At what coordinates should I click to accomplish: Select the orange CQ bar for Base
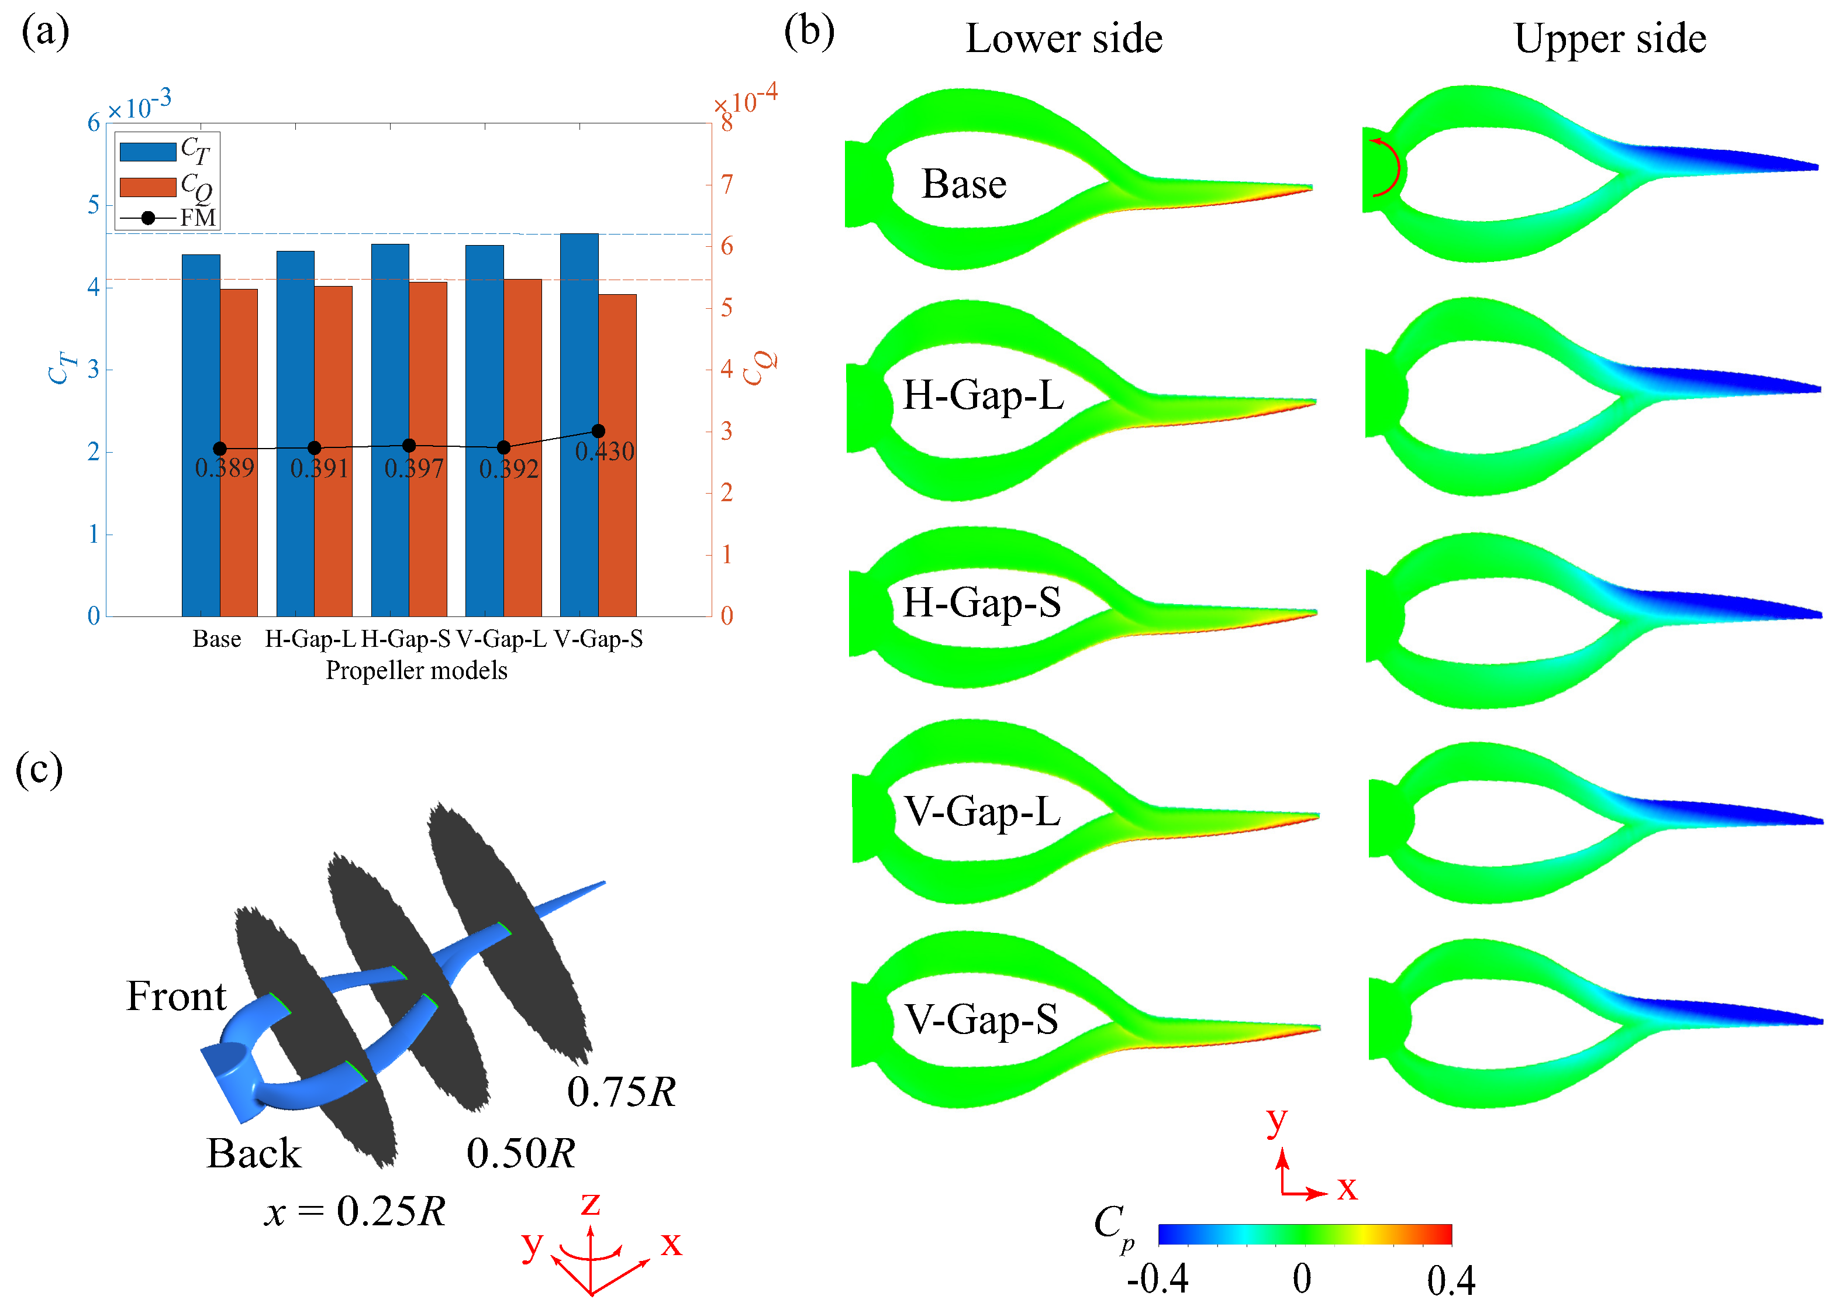[239, 453]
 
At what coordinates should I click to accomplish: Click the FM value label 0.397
[413, 468]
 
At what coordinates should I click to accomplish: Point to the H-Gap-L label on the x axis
[310, 639]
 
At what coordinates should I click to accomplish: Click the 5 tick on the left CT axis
[94, 205]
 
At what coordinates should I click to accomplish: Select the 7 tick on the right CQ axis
[727, 184]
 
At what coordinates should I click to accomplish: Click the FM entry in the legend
[197, 218]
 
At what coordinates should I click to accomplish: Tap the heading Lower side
[1064, 39]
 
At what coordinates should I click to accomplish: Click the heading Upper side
[1609, 39]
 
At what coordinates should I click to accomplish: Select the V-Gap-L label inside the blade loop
[981, 811]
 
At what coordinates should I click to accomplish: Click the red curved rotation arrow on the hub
[1389, 167]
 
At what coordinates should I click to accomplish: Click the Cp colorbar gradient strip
[1305, 1234]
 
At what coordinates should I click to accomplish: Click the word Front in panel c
[176, 996]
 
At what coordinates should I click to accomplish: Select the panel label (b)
[809, 32]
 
